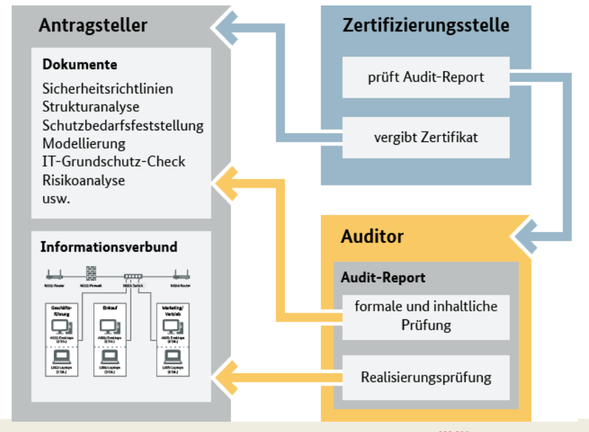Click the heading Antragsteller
click(93, 25)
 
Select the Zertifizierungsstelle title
click(425, 25)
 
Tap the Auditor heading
click(372, 237)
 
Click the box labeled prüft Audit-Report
click(425, 77)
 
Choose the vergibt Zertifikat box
click(425, 136)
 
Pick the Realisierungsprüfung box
click(425, 376)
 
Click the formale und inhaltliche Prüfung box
click(425, 315)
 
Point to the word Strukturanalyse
click(91, 107)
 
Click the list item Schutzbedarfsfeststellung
click(123, 126)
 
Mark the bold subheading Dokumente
click(80, 65)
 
